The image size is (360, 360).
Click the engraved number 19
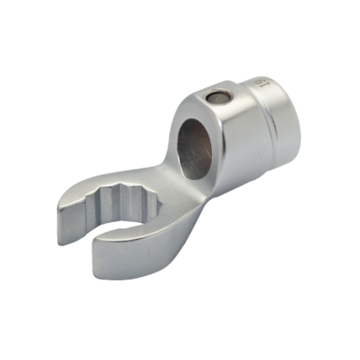[263, 82]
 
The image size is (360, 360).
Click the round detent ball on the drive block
[217, 98]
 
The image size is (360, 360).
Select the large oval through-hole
[194, 149]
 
